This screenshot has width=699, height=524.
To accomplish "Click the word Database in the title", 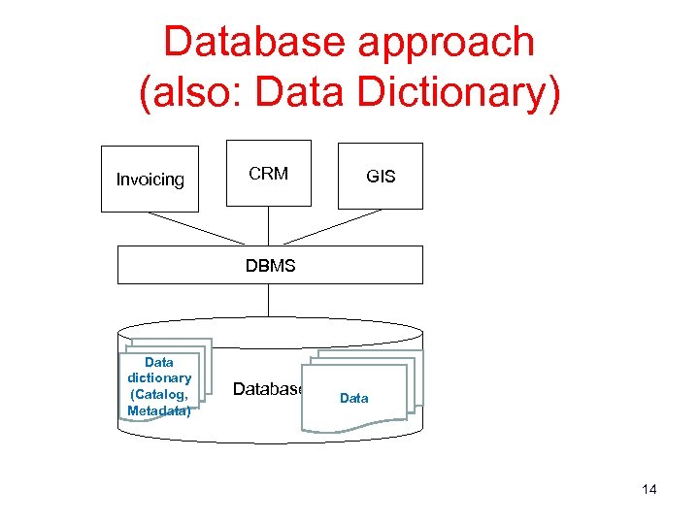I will click(x=253, y=42).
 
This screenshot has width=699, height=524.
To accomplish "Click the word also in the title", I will click(x=193, y=94).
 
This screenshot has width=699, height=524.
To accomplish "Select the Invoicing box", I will click(x=150, y=179).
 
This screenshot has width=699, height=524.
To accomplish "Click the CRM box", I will click(x=268, y=174).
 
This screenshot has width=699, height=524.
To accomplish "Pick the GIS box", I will click(x=380, y=176).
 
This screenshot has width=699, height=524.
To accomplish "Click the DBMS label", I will click(x=270, y=265).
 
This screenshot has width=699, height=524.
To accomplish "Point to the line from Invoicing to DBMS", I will click(x=197, y=228).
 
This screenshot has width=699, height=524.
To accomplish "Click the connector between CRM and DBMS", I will click(x=269, y=225).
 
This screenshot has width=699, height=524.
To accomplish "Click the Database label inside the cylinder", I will click(x=267, y=389).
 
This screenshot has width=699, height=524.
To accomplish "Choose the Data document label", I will click(x=354, y=398).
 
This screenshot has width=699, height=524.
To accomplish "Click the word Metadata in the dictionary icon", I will click(x=158, y=410).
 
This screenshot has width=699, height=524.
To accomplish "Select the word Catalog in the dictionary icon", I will click(x=160, y=394).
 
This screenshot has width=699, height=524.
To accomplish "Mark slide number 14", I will click(x=649, y=489).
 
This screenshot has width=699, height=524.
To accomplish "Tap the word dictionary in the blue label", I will click(x=159, y=377).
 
